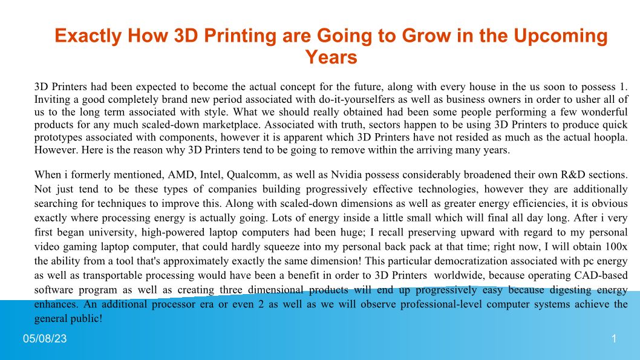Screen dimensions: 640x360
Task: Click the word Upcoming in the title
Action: pos(560,36)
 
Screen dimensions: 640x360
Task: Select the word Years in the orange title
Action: pos(331,57)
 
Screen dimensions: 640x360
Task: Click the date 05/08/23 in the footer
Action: pos(45,338)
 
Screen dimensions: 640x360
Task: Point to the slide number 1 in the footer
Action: pos(614,338)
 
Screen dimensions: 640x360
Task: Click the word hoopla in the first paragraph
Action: pos(612,137)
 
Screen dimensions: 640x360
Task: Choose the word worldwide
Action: pos(459,275)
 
